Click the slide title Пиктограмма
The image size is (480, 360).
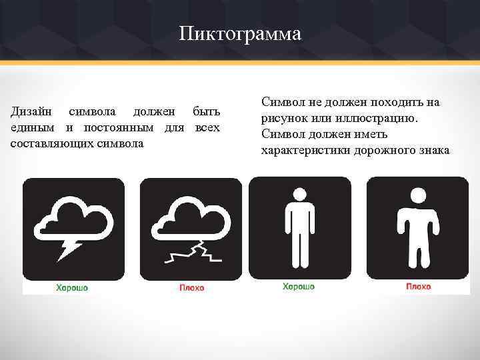(240, 33)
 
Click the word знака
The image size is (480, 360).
(436, 150)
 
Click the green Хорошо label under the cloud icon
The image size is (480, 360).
(71, 287)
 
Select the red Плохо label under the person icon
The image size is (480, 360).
(418, 287)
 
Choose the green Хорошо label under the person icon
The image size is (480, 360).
(299, 287)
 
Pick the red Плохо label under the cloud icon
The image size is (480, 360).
(192, 287)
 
